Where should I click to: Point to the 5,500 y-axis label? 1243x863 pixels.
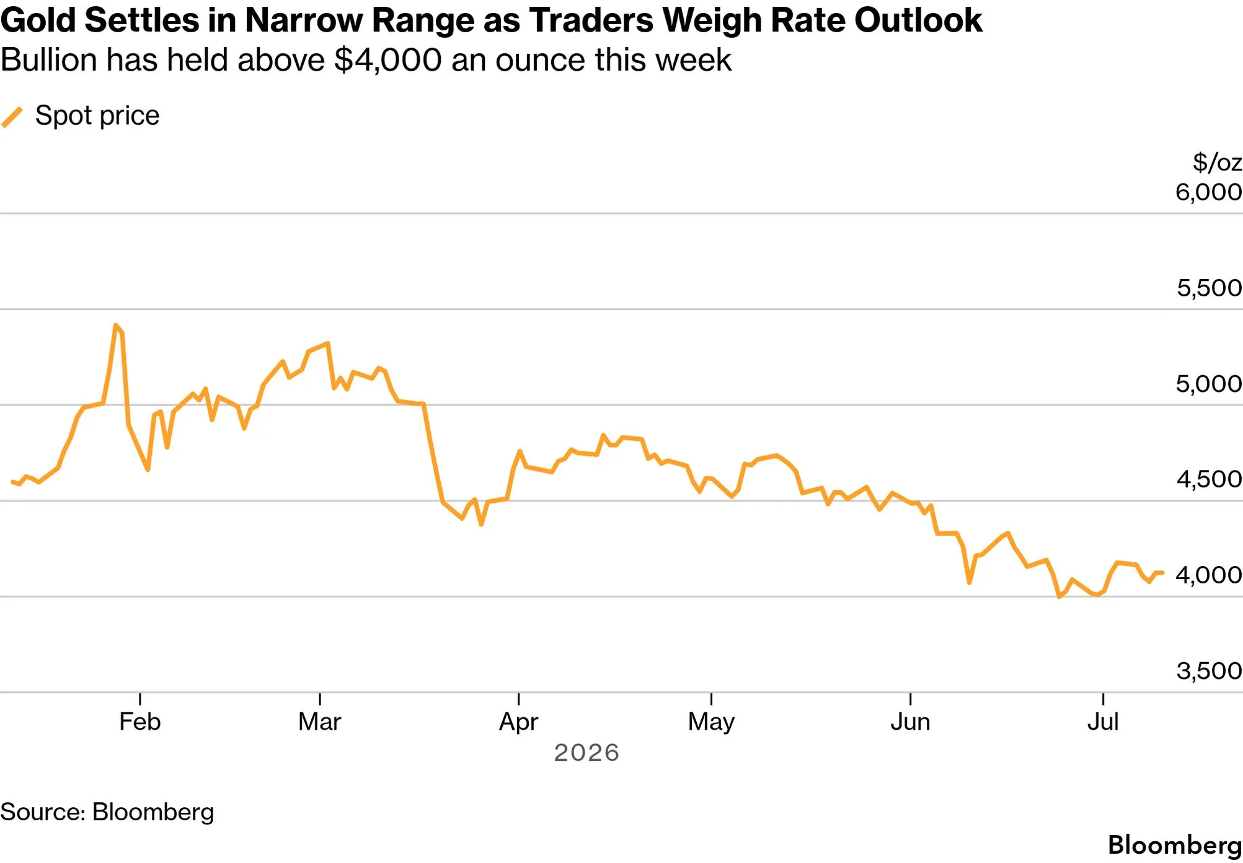coord(1210,288)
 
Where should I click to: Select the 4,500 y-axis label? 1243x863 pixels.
coord(1210,479)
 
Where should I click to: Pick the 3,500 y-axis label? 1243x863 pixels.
coord(1210,671)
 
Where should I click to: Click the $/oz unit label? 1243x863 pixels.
coord(1217,162)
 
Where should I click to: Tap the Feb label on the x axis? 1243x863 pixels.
coord(140,722)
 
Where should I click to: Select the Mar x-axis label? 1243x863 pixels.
coord(320,722)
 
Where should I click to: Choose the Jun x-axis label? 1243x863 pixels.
coord(910,722)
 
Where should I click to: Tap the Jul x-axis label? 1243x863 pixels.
coord(1103,722)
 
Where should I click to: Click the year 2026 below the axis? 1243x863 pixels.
coord(586,753)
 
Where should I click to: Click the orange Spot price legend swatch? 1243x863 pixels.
coord(12,117)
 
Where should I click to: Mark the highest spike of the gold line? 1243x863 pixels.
coord(116,325)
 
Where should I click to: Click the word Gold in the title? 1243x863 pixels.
coord(38,20)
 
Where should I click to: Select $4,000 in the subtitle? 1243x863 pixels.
coord(388,60)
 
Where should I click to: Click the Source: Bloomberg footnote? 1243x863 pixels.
coord(107,812)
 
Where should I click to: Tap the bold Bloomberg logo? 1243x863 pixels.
coord(1175,845)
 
